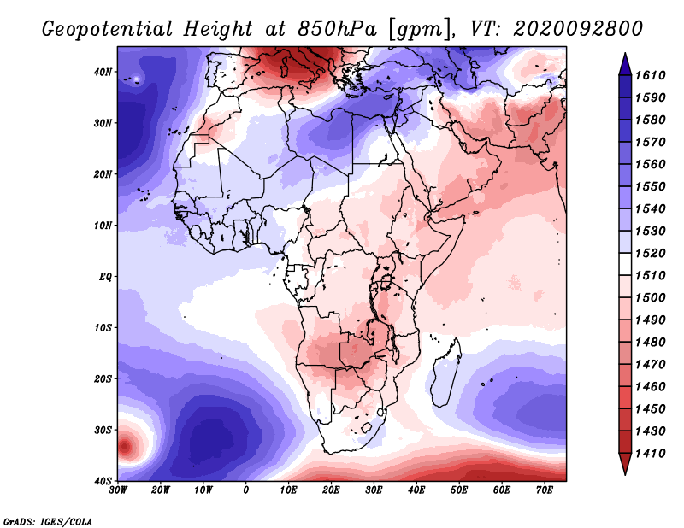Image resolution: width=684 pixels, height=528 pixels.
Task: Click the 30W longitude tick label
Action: click(x=118, y=490)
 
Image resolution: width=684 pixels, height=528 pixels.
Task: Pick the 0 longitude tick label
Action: click(x=246, y=490)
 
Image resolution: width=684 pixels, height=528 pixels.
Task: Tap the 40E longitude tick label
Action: click(x=416, y=490)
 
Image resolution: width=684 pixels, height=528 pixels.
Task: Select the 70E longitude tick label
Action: click(x=544, y=490)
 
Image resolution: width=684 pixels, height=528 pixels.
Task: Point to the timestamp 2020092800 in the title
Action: click(x=578, y=28)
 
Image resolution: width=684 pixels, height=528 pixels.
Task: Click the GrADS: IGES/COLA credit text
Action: click(x=48, y=520)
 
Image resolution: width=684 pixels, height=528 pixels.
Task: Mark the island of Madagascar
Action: click(x=445, y=374)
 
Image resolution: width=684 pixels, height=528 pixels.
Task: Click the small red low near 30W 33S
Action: click(x=125, y=445)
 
